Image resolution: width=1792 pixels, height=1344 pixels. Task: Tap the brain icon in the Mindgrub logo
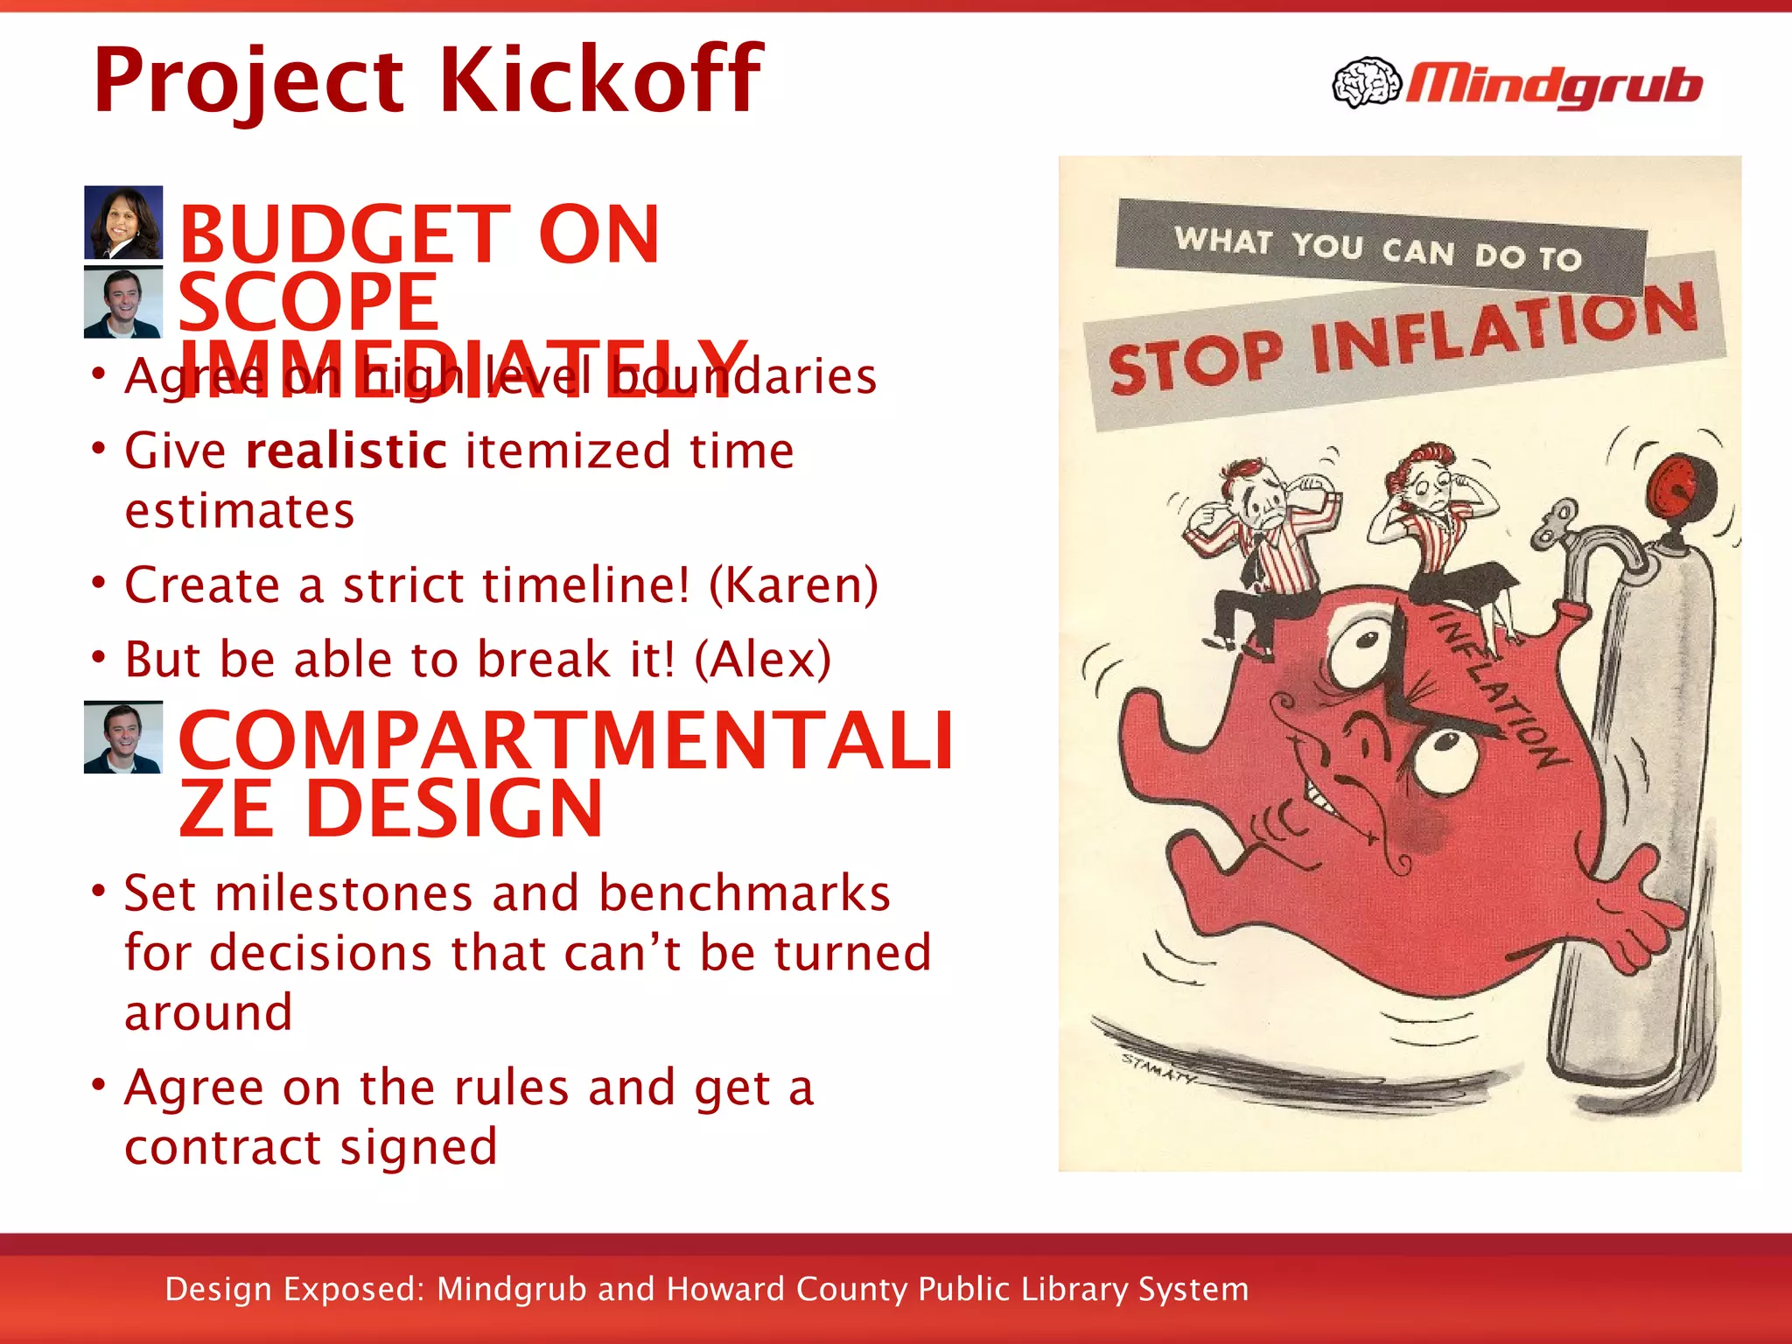[1366, 83]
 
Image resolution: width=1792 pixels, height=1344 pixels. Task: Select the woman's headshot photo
[123, 222]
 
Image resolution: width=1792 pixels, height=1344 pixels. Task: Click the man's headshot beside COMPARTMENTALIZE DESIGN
[123, 738]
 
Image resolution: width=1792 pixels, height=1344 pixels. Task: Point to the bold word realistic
[346, 451]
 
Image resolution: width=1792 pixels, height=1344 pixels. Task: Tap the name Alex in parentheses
[762, 659]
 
